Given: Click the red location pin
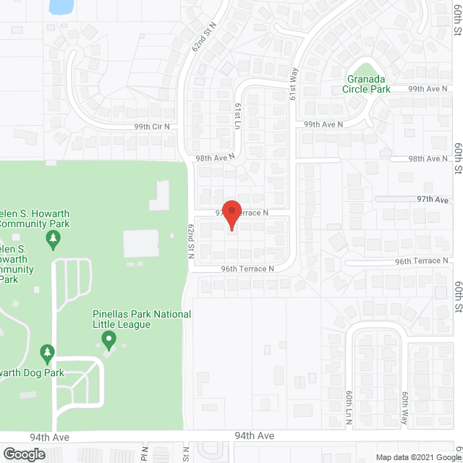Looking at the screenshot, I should [231, 213].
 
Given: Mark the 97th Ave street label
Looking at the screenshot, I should [433, 199].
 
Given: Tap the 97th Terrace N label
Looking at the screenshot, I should [242, 213].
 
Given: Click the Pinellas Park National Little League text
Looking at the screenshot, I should [142, 319].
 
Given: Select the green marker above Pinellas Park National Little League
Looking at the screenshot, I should [109, 338].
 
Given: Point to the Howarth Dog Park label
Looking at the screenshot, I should [32, 373].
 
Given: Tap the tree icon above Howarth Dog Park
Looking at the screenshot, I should [48, 353].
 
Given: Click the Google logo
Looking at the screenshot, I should [23, 454].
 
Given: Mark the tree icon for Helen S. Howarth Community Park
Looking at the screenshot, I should [52, 237].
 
